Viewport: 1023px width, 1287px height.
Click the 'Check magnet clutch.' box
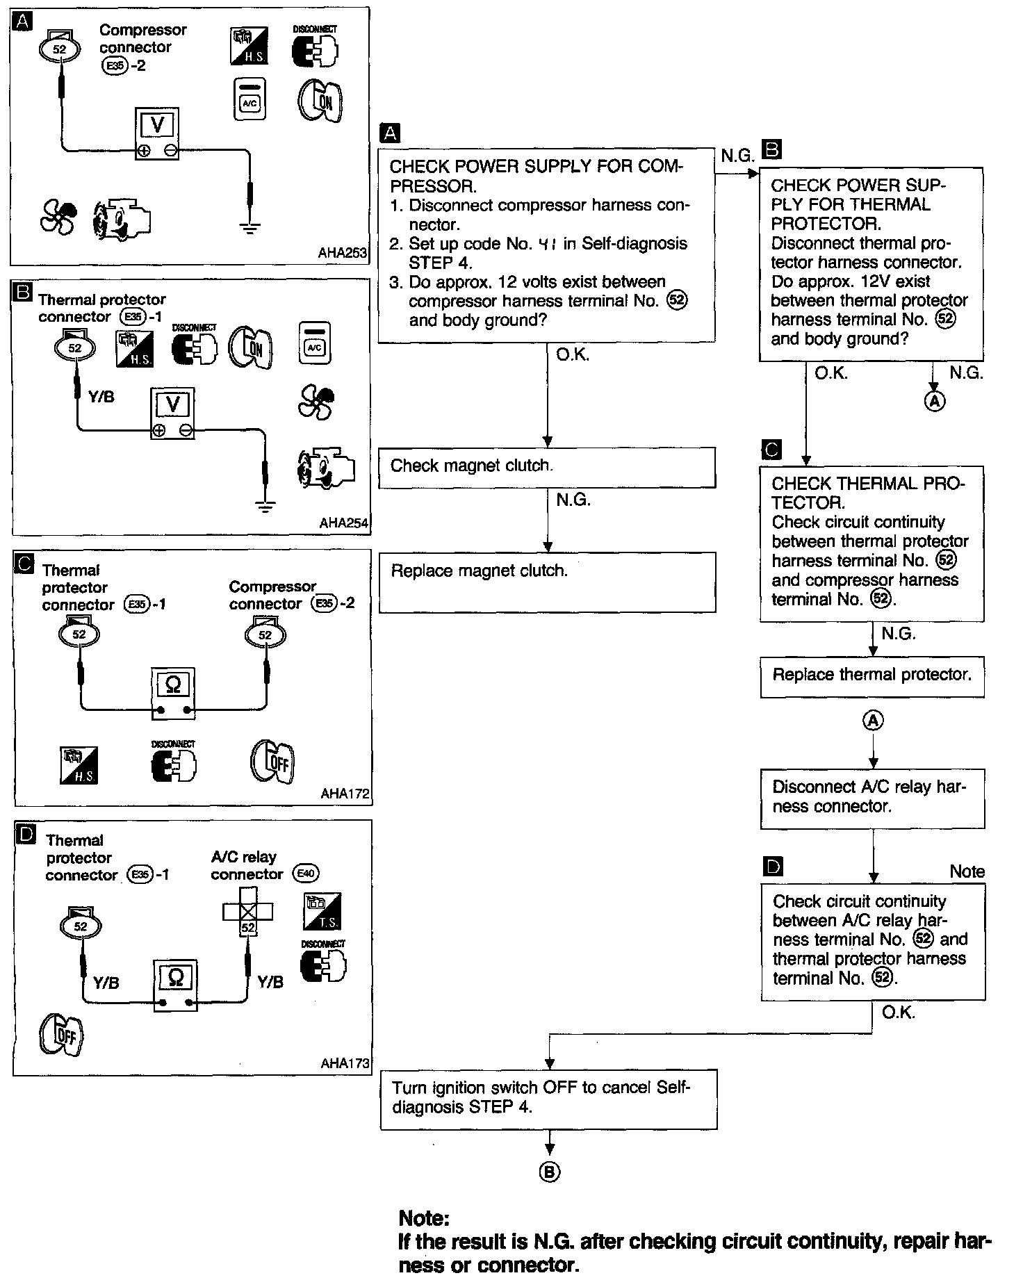coord(547,467)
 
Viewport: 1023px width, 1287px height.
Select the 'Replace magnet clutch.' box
coord(547,582)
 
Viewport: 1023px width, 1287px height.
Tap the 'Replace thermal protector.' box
coord(872,676)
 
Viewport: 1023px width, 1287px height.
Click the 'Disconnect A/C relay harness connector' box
coord(872,798)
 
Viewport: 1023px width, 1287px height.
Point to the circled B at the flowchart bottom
coord(549,1172)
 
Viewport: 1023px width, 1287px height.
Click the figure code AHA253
coord(342,254)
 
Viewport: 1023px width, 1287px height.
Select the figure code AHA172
coord(345,794)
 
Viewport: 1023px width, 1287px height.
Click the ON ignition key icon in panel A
coord(320,102)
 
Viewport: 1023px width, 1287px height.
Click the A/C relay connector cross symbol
coord(247,910)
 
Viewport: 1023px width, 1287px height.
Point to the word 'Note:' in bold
coord(424,1218)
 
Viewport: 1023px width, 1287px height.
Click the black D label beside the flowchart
coord(772,866)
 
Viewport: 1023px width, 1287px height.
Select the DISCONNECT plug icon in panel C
coord(174,763)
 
